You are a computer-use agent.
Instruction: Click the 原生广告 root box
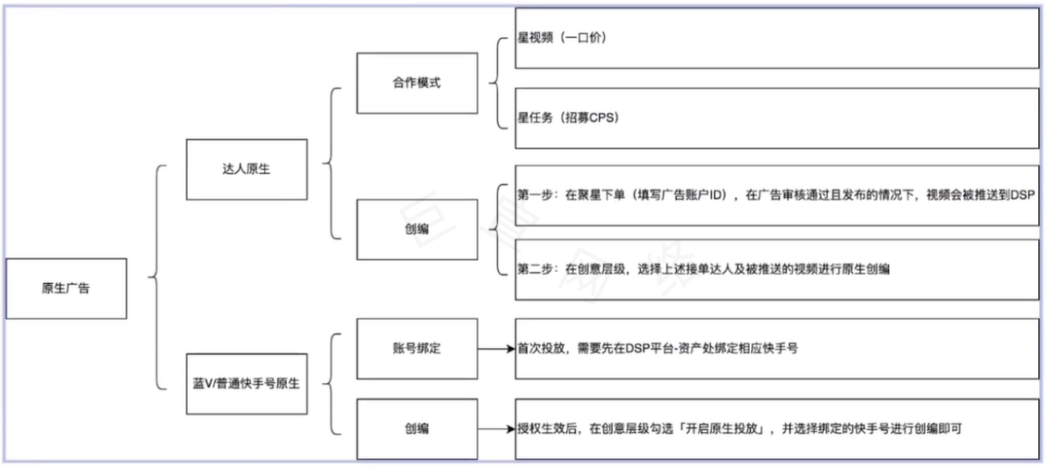[66, 288]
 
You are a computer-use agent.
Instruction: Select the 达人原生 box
[246, 169]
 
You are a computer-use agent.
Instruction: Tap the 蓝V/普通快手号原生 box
[246, 382]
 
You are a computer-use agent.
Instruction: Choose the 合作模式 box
[417, 82]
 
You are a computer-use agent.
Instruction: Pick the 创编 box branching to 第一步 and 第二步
[417, 229]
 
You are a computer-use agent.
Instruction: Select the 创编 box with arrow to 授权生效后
[417, 429]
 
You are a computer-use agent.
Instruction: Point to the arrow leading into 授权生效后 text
[496, 429]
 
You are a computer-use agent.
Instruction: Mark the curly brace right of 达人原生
[332, 167]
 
